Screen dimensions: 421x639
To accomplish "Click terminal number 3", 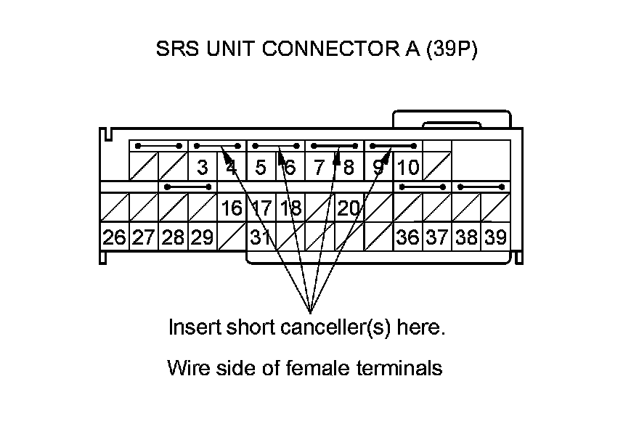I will (203, 168).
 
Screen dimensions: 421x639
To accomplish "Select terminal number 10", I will (408, 168).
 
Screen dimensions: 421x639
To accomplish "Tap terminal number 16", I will (232, 208).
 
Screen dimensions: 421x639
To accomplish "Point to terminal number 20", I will (349, 208).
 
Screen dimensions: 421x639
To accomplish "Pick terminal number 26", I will (114, 237).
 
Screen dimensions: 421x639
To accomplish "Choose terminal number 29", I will (203, 237).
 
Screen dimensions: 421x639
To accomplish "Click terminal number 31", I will (260, 237).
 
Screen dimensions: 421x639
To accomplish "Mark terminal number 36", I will (408, 237).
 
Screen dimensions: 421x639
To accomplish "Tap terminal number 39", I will (496, 237).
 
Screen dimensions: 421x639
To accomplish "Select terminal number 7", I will (319, 168).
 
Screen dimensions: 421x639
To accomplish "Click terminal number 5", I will (261, 168).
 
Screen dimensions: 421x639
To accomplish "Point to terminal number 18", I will (290, 208).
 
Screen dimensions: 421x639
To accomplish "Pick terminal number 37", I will (437, 237).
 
